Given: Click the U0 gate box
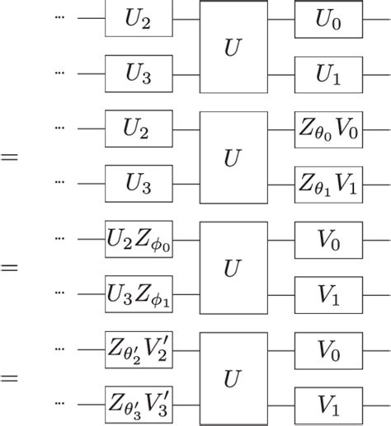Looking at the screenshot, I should (x=328, y=20).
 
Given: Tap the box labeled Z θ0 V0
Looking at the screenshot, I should (x=328, y=128).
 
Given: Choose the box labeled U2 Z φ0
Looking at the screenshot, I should (x=139, y=238).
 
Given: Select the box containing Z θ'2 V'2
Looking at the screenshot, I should (x=139, y=349).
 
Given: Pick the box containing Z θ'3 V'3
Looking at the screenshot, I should (x=139, y=402).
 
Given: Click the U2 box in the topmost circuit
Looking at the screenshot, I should (x=139, y=20).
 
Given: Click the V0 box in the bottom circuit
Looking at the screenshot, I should (x=328, y=349).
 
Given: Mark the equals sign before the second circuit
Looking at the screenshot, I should (x=11, y=156).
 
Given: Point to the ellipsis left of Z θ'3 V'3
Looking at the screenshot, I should (x=59, y=402).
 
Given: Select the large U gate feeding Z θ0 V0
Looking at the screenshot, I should (x=234, y=155).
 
